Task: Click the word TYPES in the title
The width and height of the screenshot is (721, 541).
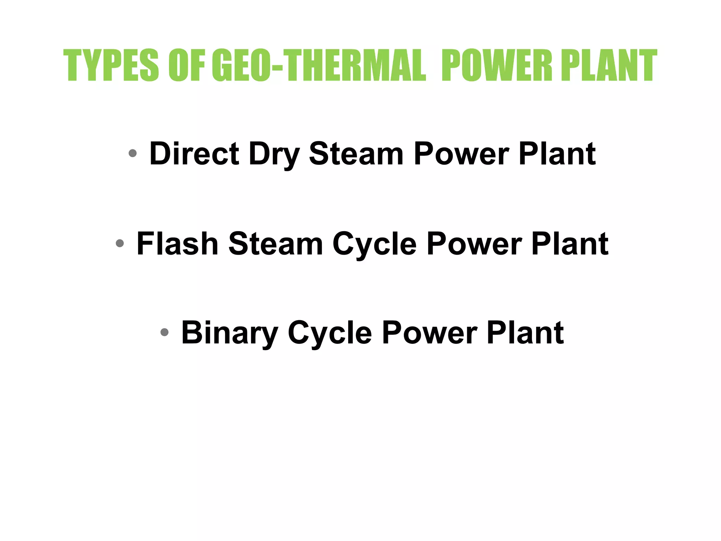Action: [x=111, y=65]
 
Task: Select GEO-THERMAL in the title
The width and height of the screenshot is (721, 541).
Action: [x=319, y=65]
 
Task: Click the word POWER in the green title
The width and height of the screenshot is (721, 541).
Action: [x=497, y=65]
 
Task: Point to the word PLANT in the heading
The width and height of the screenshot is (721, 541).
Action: [x=609, y=65]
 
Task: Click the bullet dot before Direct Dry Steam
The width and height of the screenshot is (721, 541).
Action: [x=132, y=153]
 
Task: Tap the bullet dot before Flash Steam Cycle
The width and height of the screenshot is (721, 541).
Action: [x=120, y=243]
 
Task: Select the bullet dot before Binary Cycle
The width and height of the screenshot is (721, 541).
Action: [x=164, y=332]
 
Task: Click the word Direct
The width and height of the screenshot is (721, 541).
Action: [x=194, y=154]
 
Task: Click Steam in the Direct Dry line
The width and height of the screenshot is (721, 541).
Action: [x=356, y=154]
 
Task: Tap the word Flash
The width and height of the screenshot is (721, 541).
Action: [x=177, y=243]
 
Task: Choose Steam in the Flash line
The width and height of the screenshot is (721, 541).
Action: [x=276, y=243]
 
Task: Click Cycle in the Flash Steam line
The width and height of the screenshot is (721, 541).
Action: [x=375, y=245]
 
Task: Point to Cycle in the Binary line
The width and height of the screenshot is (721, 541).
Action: [x=330, y=334]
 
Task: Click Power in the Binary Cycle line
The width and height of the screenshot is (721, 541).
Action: [x=430, y=332]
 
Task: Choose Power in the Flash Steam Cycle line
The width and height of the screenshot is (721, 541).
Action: [x=474, y=243]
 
